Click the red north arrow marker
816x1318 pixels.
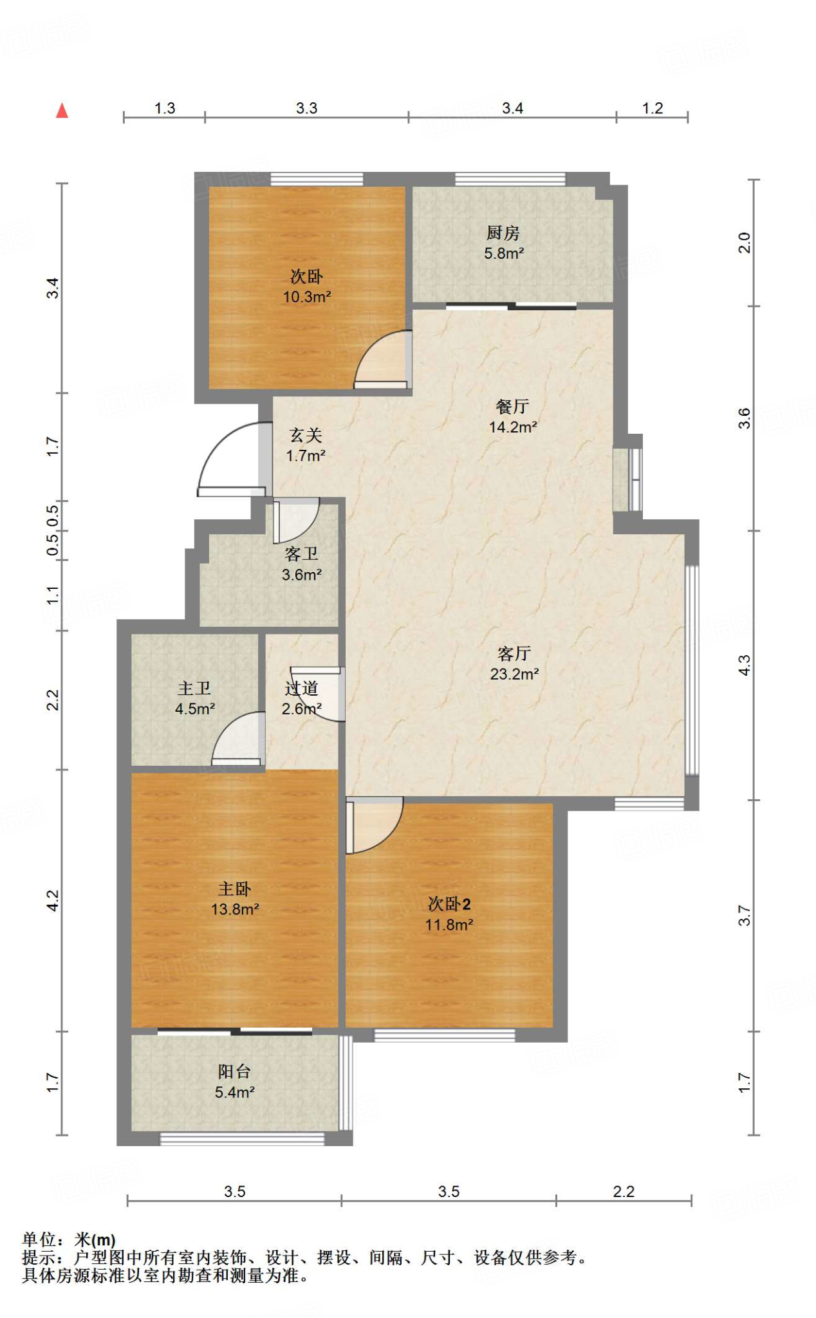[x=62, y=111]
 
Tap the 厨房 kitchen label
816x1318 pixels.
[x=503, y=232]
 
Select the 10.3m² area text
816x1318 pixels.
[x=307, y=297]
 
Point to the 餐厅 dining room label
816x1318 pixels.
[x=512, y=406]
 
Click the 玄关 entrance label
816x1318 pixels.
[x=306, y=435]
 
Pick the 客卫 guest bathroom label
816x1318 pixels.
[x=301, y=553]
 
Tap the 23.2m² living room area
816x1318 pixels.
[x=514, y=674]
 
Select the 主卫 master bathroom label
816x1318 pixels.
[x=194, y=688]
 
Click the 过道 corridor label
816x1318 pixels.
[x=301, y=688]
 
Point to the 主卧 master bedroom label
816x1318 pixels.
[x=234, y=889]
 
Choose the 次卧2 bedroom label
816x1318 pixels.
[x=449, y=904]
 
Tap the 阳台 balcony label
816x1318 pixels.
[x=234, y=1071]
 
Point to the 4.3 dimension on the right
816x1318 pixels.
[x=744, y=665]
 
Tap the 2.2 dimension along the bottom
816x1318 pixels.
[x=624, y=1191]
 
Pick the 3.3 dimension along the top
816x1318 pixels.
[x=306, y=108]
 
